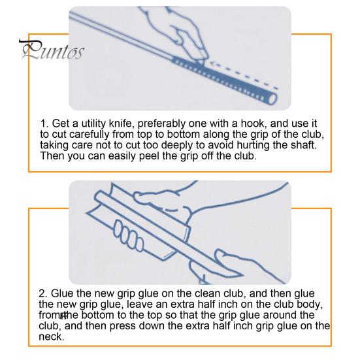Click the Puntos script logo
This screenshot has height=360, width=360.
[x=52, y=50]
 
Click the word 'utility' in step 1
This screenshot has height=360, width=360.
[x=93, y=123]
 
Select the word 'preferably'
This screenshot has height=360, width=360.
[x=161, y=123]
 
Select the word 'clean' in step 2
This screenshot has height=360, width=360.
[x=208, y=293]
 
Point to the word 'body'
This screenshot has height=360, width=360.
[x=308, y=304]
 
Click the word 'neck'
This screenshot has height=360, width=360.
[x=50, y=337]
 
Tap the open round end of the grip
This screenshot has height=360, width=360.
[x=272, y=99]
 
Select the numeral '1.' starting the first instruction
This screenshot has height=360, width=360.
[x=44, y=123]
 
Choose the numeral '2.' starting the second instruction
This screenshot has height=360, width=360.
[x=43, y=293]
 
